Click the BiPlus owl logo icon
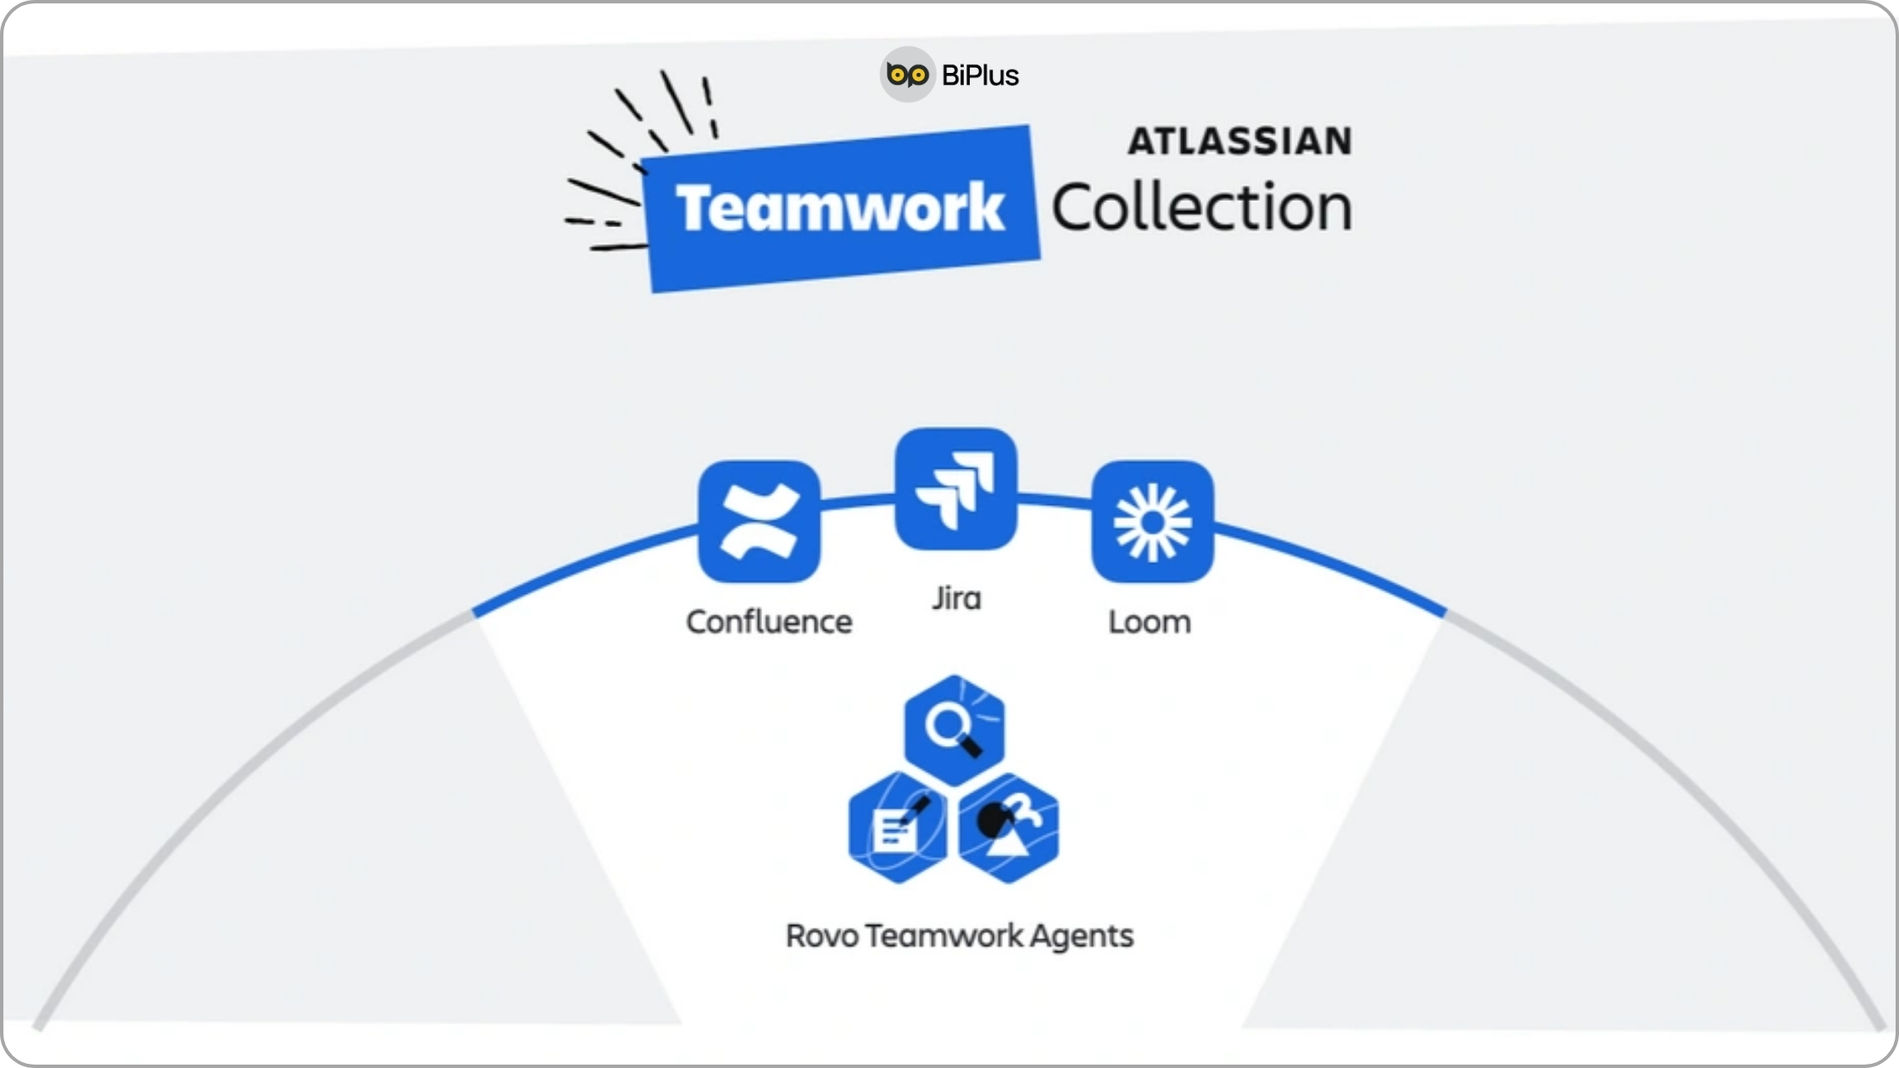[907, 75]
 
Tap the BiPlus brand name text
[980, 75]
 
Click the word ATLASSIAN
[1239, 141]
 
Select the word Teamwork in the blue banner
[839, 208]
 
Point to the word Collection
[1201, 208]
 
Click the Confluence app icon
[759, 521]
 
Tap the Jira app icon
[955, 489]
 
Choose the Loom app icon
[1152, 521]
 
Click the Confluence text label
[769, 622]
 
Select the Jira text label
[956, 598]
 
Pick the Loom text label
[1150, 622]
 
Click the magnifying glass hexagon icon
[955, 729]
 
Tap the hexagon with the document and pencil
[898, 828]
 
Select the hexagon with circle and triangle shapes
[1009, 828]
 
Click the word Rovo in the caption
[821, 936]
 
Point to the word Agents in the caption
[1082, 936]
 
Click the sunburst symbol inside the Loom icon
[1152, 522]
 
